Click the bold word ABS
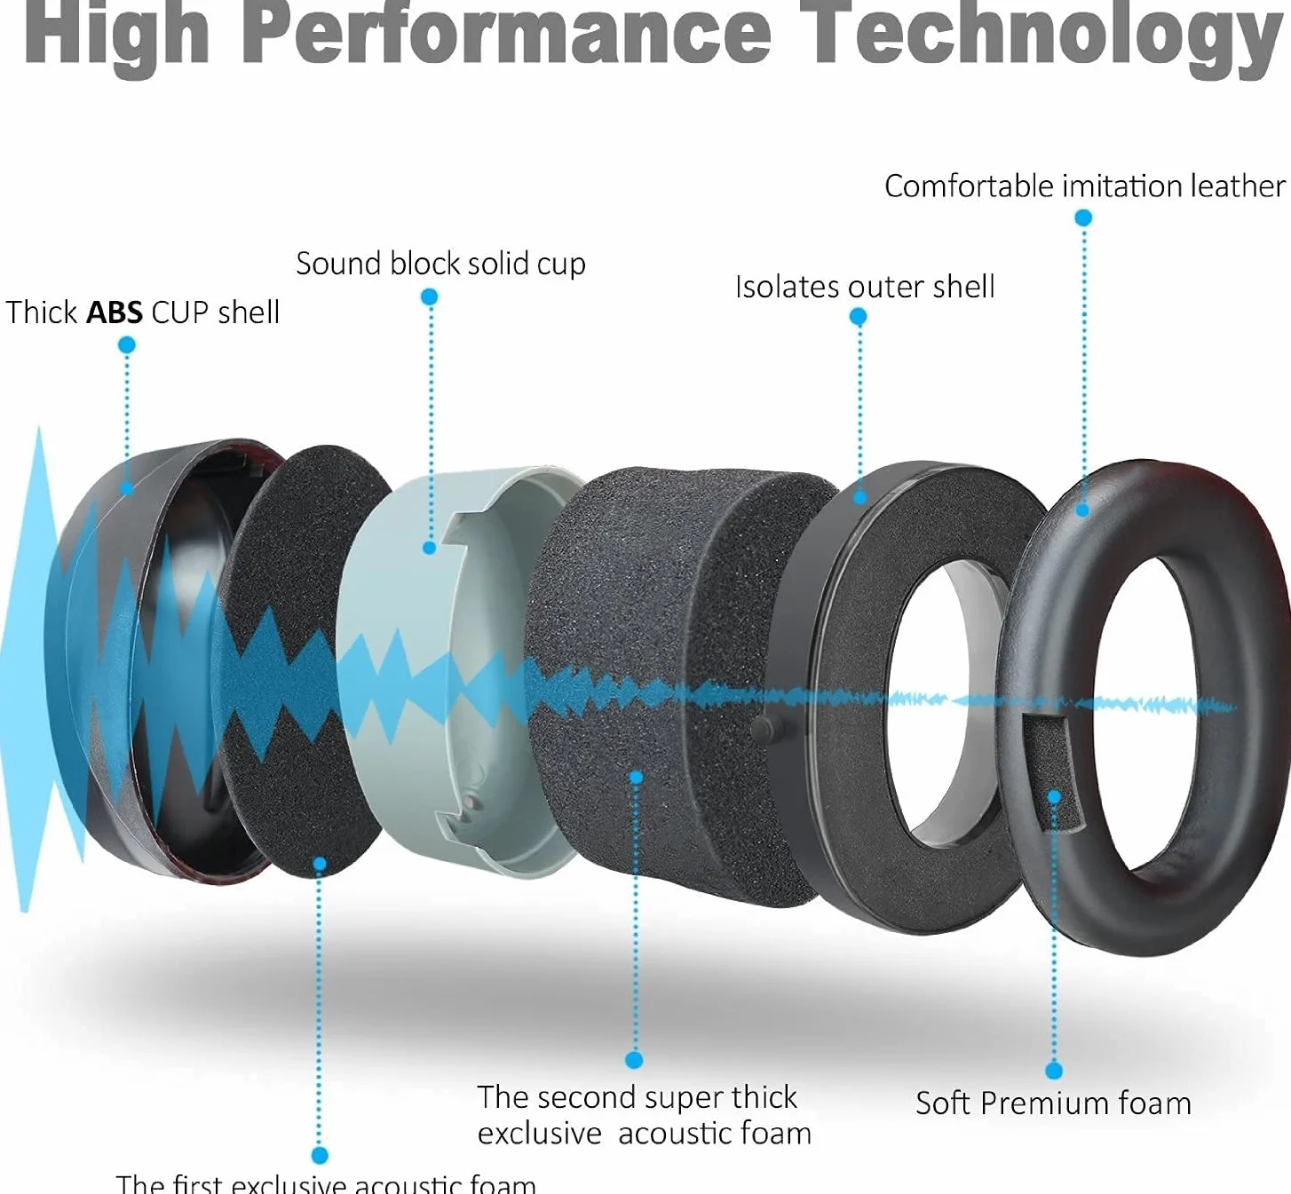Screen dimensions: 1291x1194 click(x=115, y=312)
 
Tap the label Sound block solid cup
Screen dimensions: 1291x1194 click(x=440, y=264)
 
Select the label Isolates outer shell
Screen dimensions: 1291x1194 click(x=865, y=287)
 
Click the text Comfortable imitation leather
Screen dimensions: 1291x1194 click(x=1085, y=186)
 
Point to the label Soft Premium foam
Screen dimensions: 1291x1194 click(x=1053, y=1103)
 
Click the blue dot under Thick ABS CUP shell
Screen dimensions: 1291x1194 click(x=127, y=345)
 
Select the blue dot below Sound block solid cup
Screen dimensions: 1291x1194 click(x=429, y=297)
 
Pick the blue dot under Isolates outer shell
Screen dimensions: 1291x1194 click(x=858, y=317)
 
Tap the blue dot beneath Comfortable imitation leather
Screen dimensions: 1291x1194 click(x=1083, y=217)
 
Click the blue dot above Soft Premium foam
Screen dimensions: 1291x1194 click(x=1054, y=1071)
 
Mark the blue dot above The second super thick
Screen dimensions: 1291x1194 click(x=634, y=1061)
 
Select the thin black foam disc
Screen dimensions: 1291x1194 click(x=305, y=660)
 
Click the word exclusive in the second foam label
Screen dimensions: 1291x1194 click(x=540, y=1135)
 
